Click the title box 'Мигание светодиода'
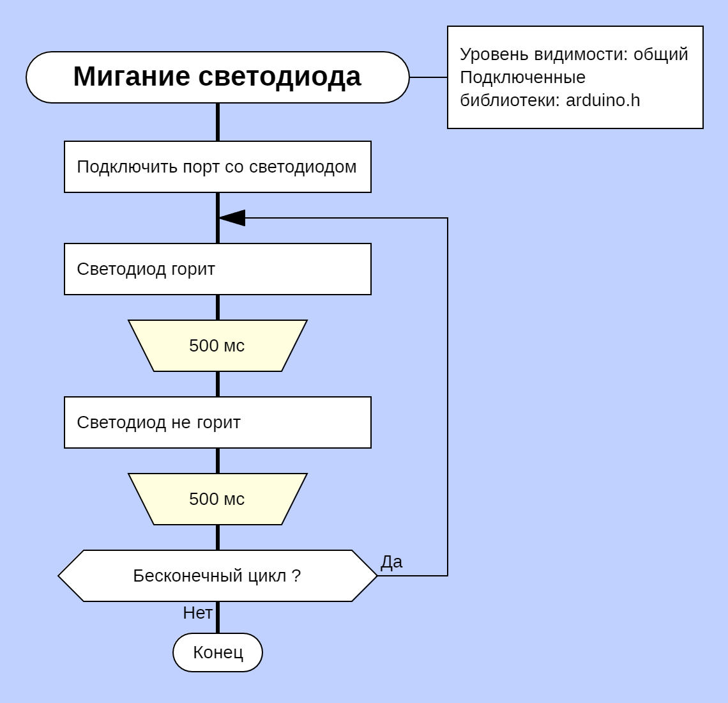click(x=217, y=77)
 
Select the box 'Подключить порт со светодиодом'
click(x=217, y=167)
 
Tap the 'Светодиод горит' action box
click(x=217, y=269)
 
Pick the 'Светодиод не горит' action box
click(x=217, y=422)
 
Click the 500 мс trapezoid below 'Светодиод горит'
click(x=217, y=346)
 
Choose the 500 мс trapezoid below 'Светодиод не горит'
click(x=217, y=499)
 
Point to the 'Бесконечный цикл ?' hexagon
click(x=217, y=576)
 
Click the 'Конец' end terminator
click(x=218, y=653)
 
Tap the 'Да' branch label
click(x=391, y=562)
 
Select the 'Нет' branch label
click(x=197, y=613)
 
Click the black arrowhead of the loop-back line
click(x=232, y=218)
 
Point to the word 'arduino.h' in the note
click(x=603, y=100)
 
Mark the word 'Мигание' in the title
click(x=132, y=77)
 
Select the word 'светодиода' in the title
click(x=280, y=77)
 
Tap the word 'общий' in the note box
click(x=660, y=54)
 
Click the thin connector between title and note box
click(x=428, y=77)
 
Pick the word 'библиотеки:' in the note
click(x=510, y=100)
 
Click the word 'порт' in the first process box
click(x=201, y=167)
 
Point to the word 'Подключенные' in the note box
click(x=522, y=77)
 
